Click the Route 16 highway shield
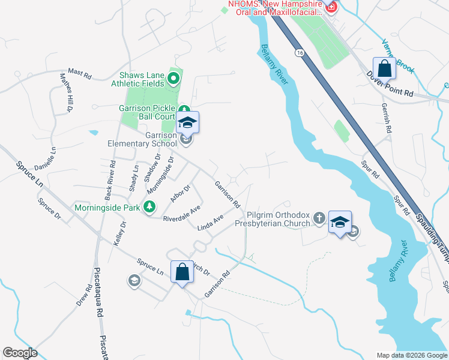point(298,53)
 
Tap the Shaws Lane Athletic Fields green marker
point(174,77)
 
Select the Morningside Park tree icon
point(149,208)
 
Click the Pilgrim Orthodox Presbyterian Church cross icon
point(319,218)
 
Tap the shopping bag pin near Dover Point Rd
point(384,68)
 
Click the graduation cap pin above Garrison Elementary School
point(187,123)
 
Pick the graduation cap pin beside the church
point(340,221)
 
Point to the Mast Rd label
point(79,74)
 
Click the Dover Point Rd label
point(390,85)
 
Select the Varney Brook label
point(398,56)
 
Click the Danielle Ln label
point(46,158)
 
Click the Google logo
point(20,353)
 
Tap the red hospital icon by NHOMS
point(330,8)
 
